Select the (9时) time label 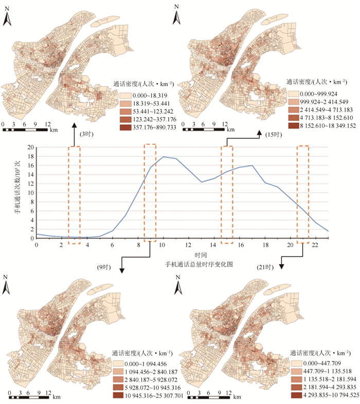coord(104,267)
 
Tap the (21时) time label coord(263,267)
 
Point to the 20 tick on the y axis coord(30,148)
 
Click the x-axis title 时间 coord(202,254)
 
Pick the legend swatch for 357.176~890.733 coord(124,127)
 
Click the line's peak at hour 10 coord(164,157)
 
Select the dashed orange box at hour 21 coord(303,193)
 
